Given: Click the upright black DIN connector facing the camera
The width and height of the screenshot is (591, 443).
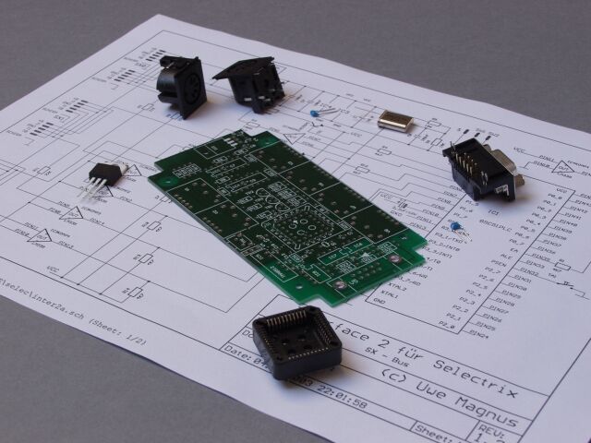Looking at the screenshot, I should [x=181, y=85].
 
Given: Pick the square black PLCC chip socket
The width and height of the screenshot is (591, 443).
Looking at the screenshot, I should [x=296, y=343].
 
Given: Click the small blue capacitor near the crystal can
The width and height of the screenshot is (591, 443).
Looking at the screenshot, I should [x=317, y=114].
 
